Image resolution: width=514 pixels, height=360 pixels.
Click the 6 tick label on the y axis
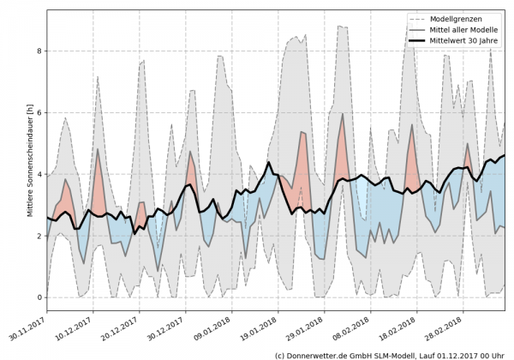click(x=39, y=113)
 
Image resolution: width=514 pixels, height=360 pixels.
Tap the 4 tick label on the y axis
click(x=39, y=175)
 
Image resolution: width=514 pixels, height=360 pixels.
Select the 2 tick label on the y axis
click(x=39, y=236)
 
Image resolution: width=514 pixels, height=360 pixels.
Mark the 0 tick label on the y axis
click(x=39, y=297)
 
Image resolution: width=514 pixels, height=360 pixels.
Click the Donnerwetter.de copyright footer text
click(x=391, y=354)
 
